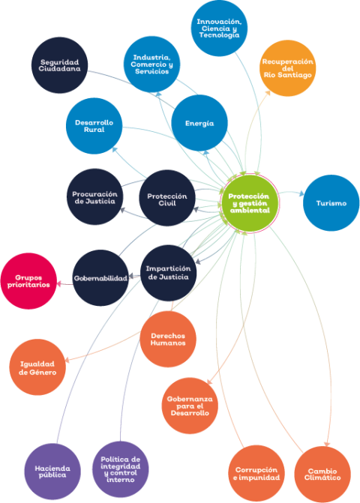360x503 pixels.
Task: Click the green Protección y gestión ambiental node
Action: click(250, 203)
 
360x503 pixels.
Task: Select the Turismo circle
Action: click(331, 203)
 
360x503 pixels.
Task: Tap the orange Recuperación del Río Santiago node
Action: click(287, 68)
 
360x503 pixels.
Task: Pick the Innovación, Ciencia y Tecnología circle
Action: click(219, 28)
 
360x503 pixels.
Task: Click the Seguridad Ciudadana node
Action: click(60, 65)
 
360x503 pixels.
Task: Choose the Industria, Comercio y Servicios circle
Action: click(151, 64)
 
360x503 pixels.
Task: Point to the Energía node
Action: click(199, 123)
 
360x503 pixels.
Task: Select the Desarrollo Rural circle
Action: click(94, 126)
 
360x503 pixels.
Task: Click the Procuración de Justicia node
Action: click(94, 197)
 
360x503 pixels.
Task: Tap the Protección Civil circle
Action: click(166, 198)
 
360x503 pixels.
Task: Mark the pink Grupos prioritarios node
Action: click(28, 281)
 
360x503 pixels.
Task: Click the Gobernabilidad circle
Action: click(100, 278)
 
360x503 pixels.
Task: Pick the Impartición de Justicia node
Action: click(169, 273)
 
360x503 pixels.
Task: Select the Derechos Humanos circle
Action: click(168, 339)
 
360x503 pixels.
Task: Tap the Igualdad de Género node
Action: click(37, 367)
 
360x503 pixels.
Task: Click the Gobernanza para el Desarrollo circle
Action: click(190, 406)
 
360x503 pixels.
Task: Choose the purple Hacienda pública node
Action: click(52, 472)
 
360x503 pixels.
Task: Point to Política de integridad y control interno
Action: click(120, 469)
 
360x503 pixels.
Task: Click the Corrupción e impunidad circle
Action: click(256, 474)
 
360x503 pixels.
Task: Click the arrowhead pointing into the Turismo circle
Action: click(301, 193)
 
